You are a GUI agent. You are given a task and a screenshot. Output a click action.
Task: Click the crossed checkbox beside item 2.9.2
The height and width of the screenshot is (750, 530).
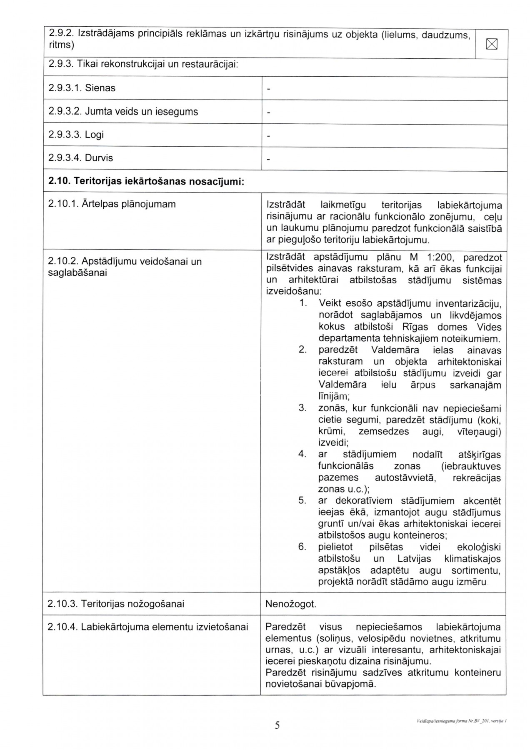[x=492, y=44]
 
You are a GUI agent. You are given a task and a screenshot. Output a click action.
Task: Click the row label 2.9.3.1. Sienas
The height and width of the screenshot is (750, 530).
[x=82, y=88]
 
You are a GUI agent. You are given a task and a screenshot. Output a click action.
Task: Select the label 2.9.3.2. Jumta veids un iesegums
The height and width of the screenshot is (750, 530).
[x=123, y=112]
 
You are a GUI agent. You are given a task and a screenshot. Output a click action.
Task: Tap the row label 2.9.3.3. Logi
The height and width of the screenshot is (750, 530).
[x=76, y=135]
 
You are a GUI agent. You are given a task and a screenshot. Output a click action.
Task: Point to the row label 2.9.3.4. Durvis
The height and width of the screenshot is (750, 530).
[x=80, y=158]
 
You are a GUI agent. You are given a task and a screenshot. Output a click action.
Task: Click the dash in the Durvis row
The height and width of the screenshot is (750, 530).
[x=268, y=159]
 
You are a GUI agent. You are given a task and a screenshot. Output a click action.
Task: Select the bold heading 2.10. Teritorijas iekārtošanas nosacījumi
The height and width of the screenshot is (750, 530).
[x=146, y=182]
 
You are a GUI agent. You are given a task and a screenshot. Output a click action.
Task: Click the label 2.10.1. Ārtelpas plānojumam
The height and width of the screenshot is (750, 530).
[x=112, y=204]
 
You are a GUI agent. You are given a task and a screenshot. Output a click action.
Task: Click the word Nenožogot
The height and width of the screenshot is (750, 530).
[x=291, y=604]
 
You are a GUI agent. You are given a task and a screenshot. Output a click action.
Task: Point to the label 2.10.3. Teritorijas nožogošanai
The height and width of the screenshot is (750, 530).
[x=116, y=604]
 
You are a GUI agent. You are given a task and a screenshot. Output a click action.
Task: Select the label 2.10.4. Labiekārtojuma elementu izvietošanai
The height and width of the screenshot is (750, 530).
[x=148, y=627]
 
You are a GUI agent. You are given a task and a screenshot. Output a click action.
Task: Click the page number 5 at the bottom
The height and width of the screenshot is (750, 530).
[x=277, y=725]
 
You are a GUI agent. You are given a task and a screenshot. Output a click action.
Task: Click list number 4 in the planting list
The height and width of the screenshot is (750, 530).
[x=302, y=454]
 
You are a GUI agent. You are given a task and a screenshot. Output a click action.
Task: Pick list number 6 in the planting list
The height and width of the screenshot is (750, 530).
[x=302, y=547]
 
